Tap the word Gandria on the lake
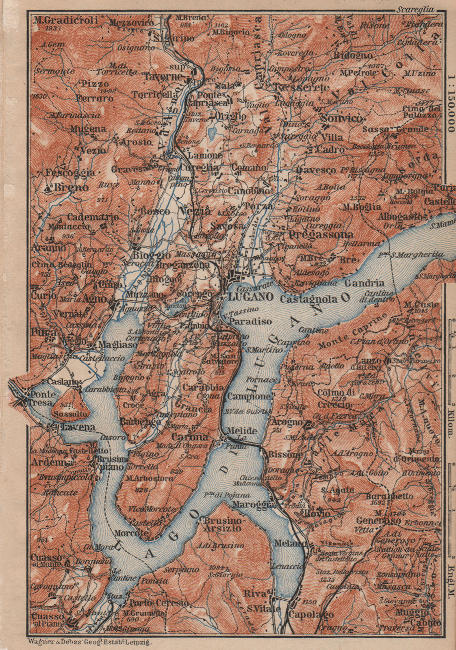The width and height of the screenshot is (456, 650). [364, 283]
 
